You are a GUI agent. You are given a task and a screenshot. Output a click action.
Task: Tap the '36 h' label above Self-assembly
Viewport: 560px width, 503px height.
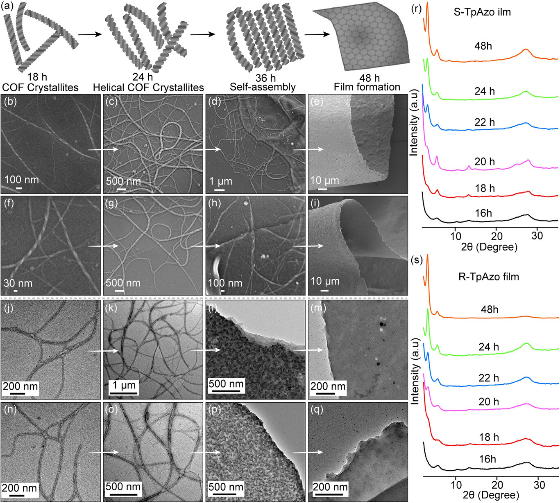[265, 78]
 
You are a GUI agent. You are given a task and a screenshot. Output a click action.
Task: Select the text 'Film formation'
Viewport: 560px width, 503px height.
[367, 87]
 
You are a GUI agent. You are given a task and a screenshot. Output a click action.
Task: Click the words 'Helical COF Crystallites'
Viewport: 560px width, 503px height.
[148, 87]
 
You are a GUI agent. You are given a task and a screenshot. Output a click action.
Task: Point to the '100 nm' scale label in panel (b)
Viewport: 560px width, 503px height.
[21, 180]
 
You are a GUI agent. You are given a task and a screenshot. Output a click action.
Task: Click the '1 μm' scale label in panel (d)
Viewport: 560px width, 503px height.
[221, 181]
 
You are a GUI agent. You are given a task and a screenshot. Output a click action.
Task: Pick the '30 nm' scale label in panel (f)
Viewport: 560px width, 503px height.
[18, 283]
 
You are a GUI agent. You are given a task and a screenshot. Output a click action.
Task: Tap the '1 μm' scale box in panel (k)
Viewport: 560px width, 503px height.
[124, 386]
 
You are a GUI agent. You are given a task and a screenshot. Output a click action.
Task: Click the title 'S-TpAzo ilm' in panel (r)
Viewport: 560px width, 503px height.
[482, 12]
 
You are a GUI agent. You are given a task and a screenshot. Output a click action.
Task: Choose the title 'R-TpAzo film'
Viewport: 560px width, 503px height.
[488, 277]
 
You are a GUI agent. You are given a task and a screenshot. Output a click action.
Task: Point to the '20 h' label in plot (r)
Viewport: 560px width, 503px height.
[485, 162]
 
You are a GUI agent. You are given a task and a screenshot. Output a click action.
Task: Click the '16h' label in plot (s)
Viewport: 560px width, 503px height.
[487, 459]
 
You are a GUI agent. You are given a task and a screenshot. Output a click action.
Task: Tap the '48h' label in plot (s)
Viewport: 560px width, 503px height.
[490, 309]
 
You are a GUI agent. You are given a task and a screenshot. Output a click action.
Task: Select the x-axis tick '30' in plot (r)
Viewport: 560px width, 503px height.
[537, 236]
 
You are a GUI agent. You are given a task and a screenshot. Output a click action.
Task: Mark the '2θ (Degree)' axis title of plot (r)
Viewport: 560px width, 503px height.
[489, 247]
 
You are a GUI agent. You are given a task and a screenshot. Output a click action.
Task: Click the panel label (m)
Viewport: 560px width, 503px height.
[318, 308]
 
